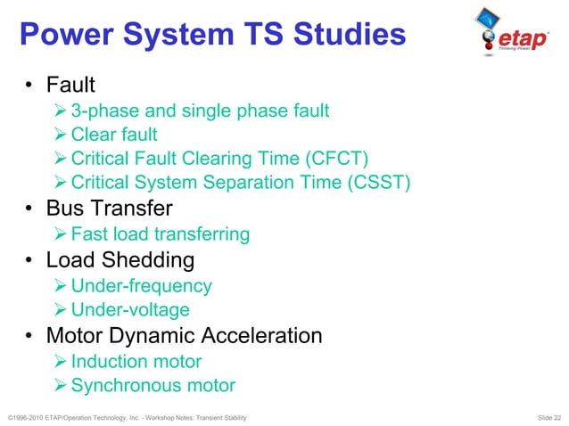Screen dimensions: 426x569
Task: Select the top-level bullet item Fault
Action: point(70,86)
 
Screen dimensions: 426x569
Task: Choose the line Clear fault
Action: point(114,135)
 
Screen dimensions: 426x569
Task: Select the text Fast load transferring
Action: point(160,234)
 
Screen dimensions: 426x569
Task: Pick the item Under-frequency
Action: point(141,285)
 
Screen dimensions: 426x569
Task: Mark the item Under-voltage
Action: point(130,310)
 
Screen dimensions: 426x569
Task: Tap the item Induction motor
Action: point(136,362)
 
